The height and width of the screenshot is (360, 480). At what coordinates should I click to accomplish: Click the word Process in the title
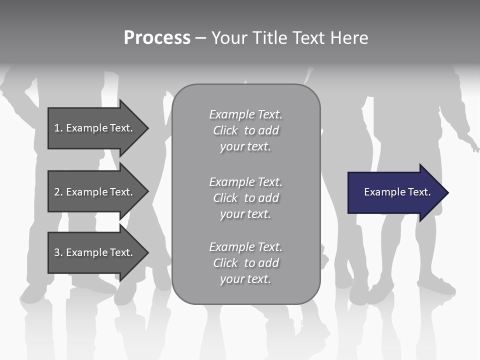[157, 38]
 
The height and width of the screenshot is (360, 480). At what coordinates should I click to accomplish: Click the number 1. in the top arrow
[58, 128]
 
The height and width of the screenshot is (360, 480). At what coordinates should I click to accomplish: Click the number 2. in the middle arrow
[58, 192]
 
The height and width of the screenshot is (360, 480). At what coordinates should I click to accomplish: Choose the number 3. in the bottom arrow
[58, 252]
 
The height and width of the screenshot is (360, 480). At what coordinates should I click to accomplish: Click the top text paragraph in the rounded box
[245, 130]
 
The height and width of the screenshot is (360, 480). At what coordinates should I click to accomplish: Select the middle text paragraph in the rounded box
[245, 198]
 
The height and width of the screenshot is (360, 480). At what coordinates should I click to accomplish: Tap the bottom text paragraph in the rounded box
[245, 263]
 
